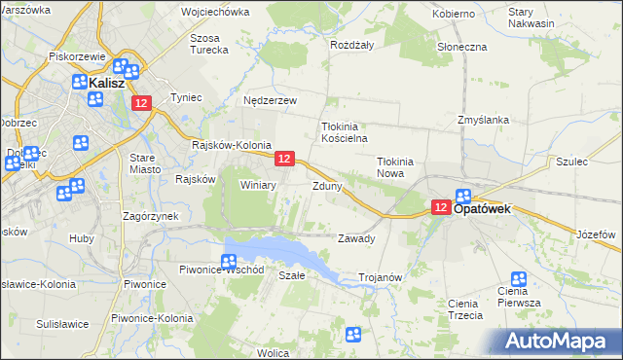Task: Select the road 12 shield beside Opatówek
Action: (x=440, y=207)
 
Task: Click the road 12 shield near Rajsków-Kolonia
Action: (x=284, y=158)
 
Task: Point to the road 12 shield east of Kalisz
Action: (x=142, y=103)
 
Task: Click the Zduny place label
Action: (x=326, y=185)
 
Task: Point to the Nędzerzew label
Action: (x=270, y=100)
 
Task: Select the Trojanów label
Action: (x=381, y=277)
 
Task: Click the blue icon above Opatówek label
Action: (x=463, y=196)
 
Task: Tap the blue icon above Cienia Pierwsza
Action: (x=519, y=280)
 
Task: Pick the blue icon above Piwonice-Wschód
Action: (x=228, y=261)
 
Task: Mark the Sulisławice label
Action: (x=62, y=324)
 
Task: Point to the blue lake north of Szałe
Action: (x=282, y=250)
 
